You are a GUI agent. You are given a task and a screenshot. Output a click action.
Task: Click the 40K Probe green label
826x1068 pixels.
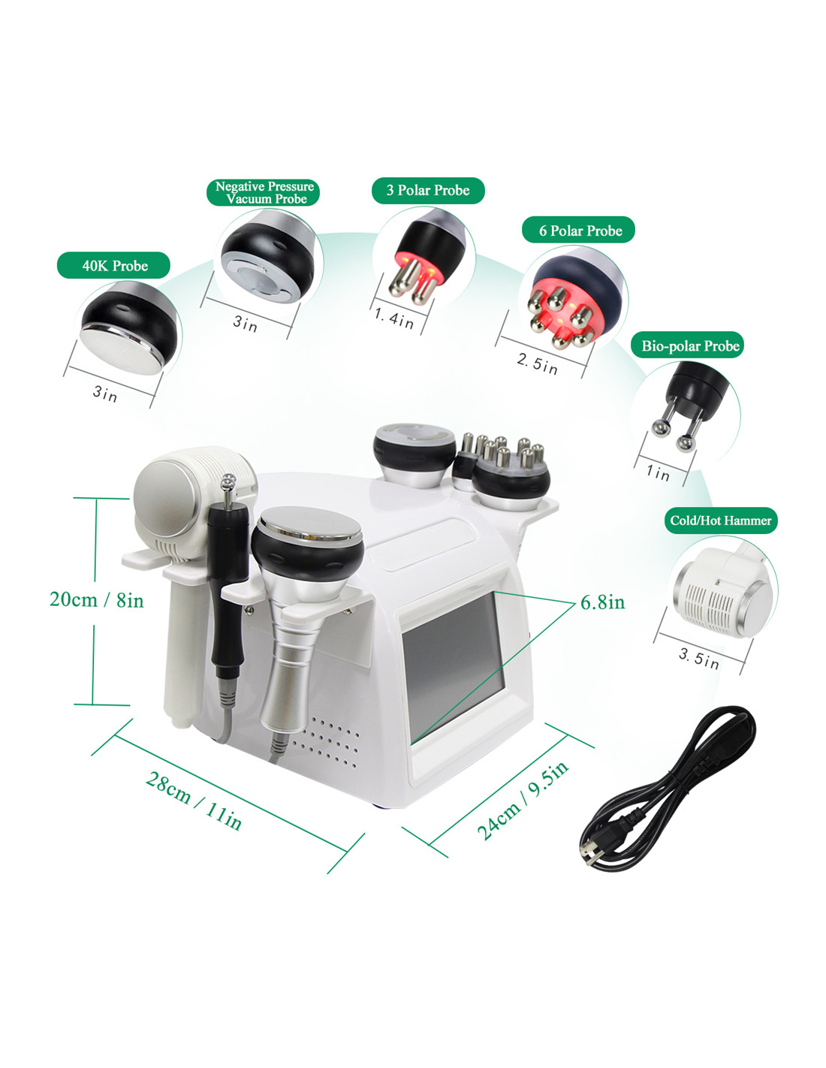click(113, 265)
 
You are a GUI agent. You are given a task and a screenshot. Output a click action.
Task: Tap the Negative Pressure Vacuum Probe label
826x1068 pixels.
click(264, 192)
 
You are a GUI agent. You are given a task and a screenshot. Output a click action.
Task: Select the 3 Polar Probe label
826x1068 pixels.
click(428, 190)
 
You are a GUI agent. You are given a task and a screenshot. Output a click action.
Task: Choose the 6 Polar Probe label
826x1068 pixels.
click(578, 230)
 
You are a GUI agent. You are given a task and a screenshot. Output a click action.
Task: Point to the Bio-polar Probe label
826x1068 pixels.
click(687, 345)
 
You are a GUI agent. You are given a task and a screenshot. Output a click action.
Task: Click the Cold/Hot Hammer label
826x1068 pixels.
click(720, 520)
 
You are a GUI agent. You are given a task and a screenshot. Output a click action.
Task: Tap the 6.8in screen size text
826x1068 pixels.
click(603, 602)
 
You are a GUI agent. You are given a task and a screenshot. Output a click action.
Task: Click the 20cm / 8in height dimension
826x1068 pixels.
click(97, 600)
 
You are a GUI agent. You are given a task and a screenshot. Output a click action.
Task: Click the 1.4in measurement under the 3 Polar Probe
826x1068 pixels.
click(393, 318)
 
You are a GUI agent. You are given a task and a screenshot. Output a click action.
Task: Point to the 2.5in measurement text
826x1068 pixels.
click(537, 364)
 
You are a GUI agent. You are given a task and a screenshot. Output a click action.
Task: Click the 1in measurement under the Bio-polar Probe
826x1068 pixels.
click(658, 472)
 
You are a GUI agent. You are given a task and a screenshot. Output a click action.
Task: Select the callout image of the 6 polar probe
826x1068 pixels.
click(574, 300)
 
